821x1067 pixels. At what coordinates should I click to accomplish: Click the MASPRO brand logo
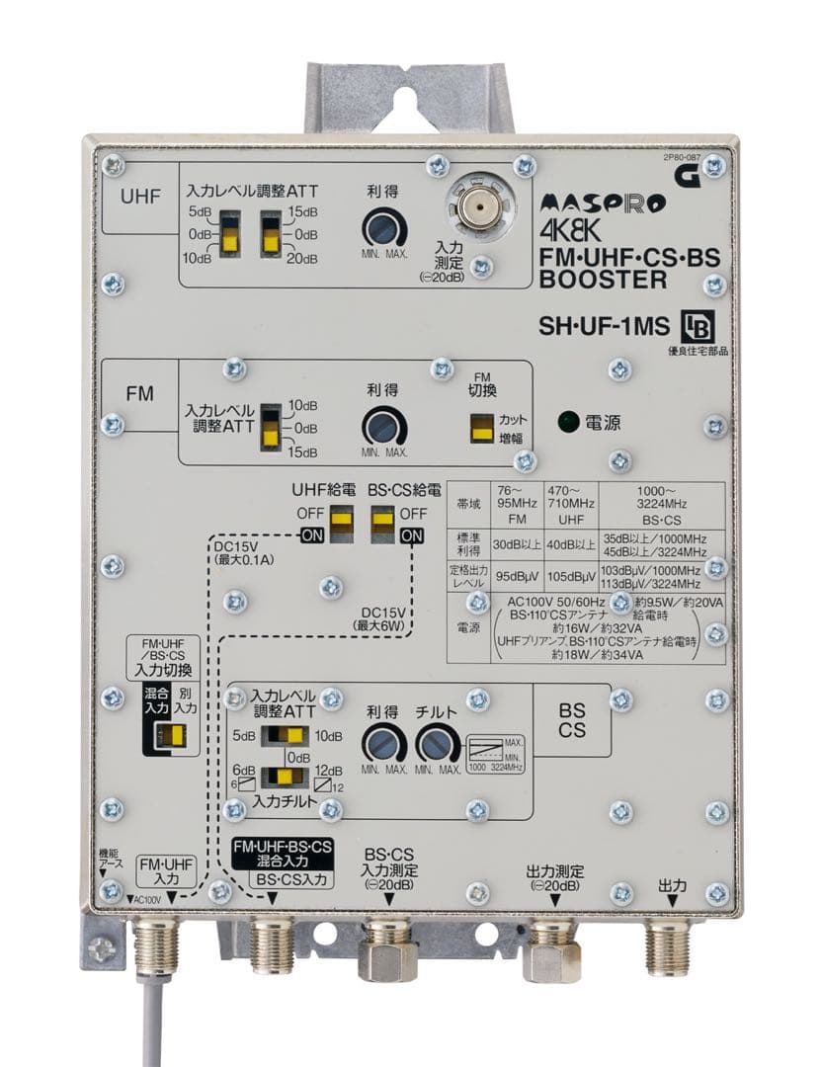[x=604, y=204]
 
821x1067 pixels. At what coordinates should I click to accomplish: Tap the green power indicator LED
[x=566, y=422]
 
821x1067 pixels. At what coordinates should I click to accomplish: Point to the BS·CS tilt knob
[x=436, y=742]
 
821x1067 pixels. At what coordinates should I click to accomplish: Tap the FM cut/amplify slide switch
[x=481, y=427]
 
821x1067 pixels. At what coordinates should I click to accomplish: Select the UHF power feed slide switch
[x=342, y=525]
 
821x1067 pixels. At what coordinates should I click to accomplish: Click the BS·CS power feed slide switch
[x=382, y=525]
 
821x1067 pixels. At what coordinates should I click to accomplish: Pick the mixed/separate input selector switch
[x=176, y=735]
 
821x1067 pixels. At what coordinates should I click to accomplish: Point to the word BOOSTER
[x=604, y=280]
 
